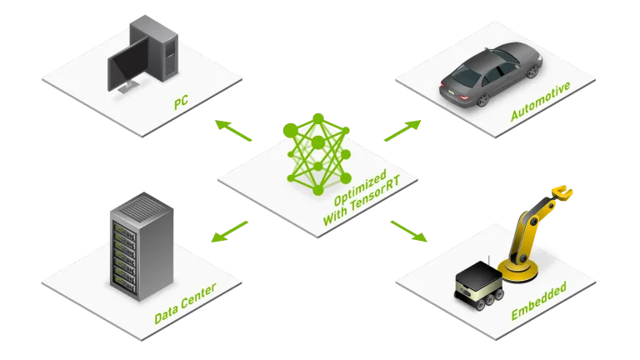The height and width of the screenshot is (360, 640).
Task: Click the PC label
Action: (181, 102)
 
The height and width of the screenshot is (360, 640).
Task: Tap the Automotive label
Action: (540, 101)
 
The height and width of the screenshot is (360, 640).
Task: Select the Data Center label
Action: (185, 303)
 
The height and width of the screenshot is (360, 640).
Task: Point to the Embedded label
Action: (539, 300)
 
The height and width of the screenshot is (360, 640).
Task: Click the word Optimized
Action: (360, 187)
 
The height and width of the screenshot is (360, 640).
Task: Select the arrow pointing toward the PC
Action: (233, 130)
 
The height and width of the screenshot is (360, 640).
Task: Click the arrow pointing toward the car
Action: (402, 131)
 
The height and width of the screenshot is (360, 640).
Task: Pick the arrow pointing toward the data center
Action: (229, 232)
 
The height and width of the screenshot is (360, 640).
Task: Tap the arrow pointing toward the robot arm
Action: (408, 231)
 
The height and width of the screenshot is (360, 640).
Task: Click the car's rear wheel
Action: (482, 99)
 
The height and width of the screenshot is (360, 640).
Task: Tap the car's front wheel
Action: (532, 71)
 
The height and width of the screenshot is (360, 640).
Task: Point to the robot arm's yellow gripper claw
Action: (562, 192)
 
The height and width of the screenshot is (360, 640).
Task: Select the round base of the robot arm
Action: (518, 271)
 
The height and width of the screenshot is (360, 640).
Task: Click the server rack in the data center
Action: (142, 247)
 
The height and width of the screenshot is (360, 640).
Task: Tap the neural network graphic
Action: (318, 154)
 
